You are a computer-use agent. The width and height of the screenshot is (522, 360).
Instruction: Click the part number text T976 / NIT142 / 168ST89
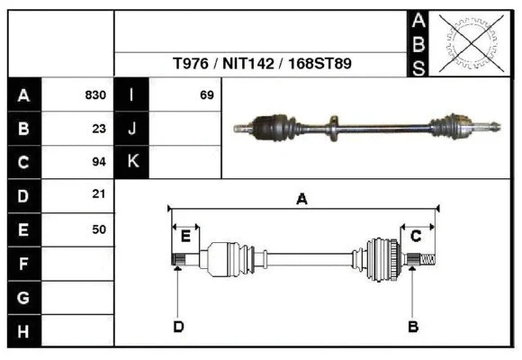[261, 65]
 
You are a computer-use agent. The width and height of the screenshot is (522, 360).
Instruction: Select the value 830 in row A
[95, 95]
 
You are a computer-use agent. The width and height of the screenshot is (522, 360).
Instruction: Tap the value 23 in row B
[99, 129]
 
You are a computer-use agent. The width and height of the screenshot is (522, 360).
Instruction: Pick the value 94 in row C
[99, 162]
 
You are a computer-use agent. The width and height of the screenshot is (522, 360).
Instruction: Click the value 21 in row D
[99, 194]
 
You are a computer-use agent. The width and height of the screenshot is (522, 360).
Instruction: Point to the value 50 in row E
[99, 229]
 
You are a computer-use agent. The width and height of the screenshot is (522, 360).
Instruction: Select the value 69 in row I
[206, 95]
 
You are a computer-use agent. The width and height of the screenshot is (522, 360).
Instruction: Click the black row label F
[23, 264]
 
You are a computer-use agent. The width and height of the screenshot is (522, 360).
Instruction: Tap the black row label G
[23, 297]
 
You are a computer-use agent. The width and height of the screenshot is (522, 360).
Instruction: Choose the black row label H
[23, 331]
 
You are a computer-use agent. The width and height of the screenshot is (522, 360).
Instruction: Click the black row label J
[132, 129]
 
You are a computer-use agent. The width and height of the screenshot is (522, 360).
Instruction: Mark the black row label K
[132, 162]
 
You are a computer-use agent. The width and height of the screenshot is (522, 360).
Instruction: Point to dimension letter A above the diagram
[302, 199]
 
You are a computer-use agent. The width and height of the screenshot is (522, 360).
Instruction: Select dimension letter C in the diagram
[416, 236]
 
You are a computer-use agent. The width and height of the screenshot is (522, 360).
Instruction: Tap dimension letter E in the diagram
[185, 236]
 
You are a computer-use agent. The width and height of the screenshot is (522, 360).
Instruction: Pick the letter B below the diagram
[412, 326]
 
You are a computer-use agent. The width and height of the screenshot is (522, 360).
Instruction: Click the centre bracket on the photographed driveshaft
[333, 126]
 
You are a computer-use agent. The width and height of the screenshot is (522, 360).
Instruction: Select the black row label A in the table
[23, 95]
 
